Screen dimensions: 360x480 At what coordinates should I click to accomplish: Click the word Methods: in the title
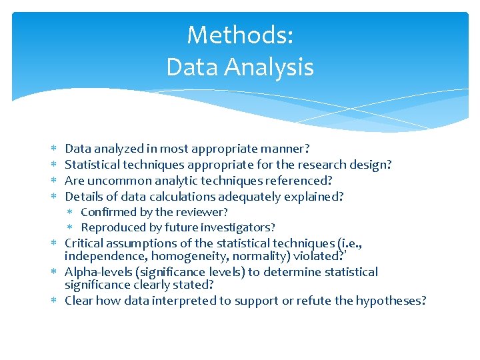pyautogui.click(x=240, y=35)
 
